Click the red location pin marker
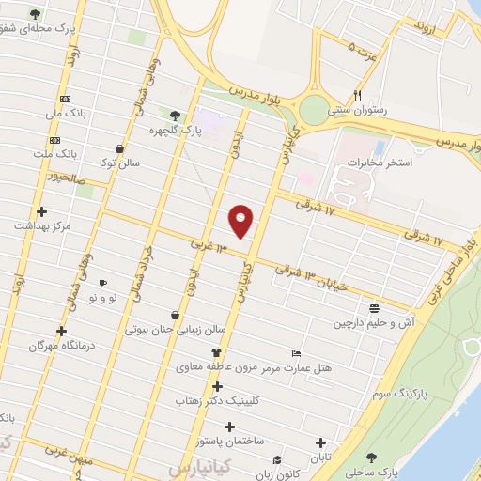point(241,220)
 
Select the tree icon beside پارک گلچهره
point(176,115)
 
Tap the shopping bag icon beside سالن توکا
point(119,148)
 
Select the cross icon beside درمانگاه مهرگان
point(62,331)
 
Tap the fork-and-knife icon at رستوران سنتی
point(357,95)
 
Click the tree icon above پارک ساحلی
point(373,458)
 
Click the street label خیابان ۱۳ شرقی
point(311,276)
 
